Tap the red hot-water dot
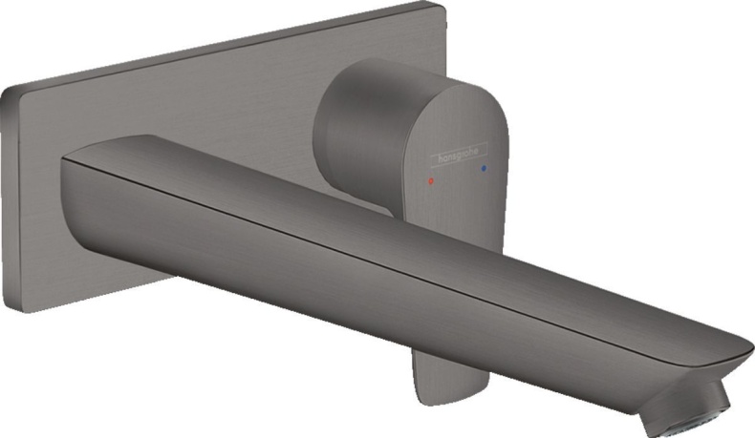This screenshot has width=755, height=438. point(432,178)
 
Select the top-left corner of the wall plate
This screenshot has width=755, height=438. point(8,88)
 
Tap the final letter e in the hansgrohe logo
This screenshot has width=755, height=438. point(484,146)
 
